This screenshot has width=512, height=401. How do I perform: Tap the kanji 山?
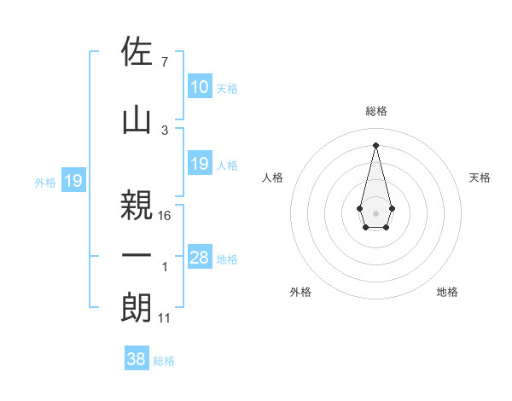coord(137,120)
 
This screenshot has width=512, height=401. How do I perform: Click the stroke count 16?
coord(165,215)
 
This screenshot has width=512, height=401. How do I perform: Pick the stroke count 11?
coord(165,318)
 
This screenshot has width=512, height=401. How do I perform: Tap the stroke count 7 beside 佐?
coord(164,62)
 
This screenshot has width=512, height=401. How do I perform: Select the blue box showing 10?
coord(199,87)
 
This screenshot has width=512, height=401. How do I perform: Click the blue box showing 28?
coord(199,259)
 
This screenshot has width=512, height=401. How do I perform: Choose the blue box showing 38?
coord(137,359)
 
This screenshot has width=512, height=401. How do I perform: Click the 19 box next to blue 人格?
coord(199,164)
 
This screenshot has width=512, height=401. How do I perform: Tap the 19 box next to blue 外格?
coord(73,181)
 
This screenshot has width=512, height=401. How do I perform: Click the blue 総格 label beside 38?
coord(164,361)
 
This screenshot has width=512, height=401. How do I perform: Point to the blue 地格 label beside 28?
coord(227,259)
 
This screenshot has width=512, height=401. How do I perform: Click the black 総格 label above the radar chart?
coord(375,111)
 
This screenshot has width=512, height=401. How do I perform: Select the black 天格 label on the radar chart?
coord(480,177)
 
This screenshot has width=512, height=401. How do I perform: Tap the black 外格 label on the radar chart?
coord(300,292)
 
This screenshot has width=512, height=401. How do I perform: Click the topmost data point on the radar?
coord(375,145)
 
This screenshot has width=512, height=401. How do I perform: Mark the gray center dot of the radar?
coord(375,212)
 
